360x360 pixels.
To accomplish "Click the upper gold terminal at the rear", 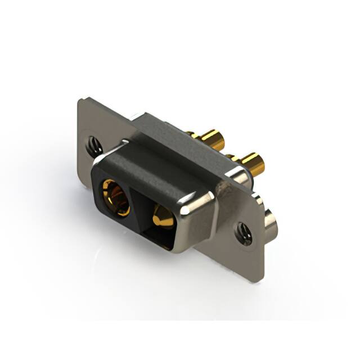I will click(x=212, y=138).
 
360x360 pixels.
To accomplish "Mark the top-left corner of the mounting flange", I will click(x=79, y=100).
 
